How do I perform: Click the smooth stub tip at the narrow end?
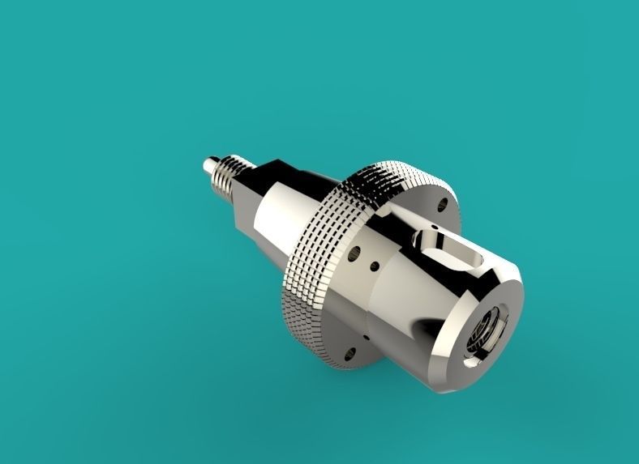208,167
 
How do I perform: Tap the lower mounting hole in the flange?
351,351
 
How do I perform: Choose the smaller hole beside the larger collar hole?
375,265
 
